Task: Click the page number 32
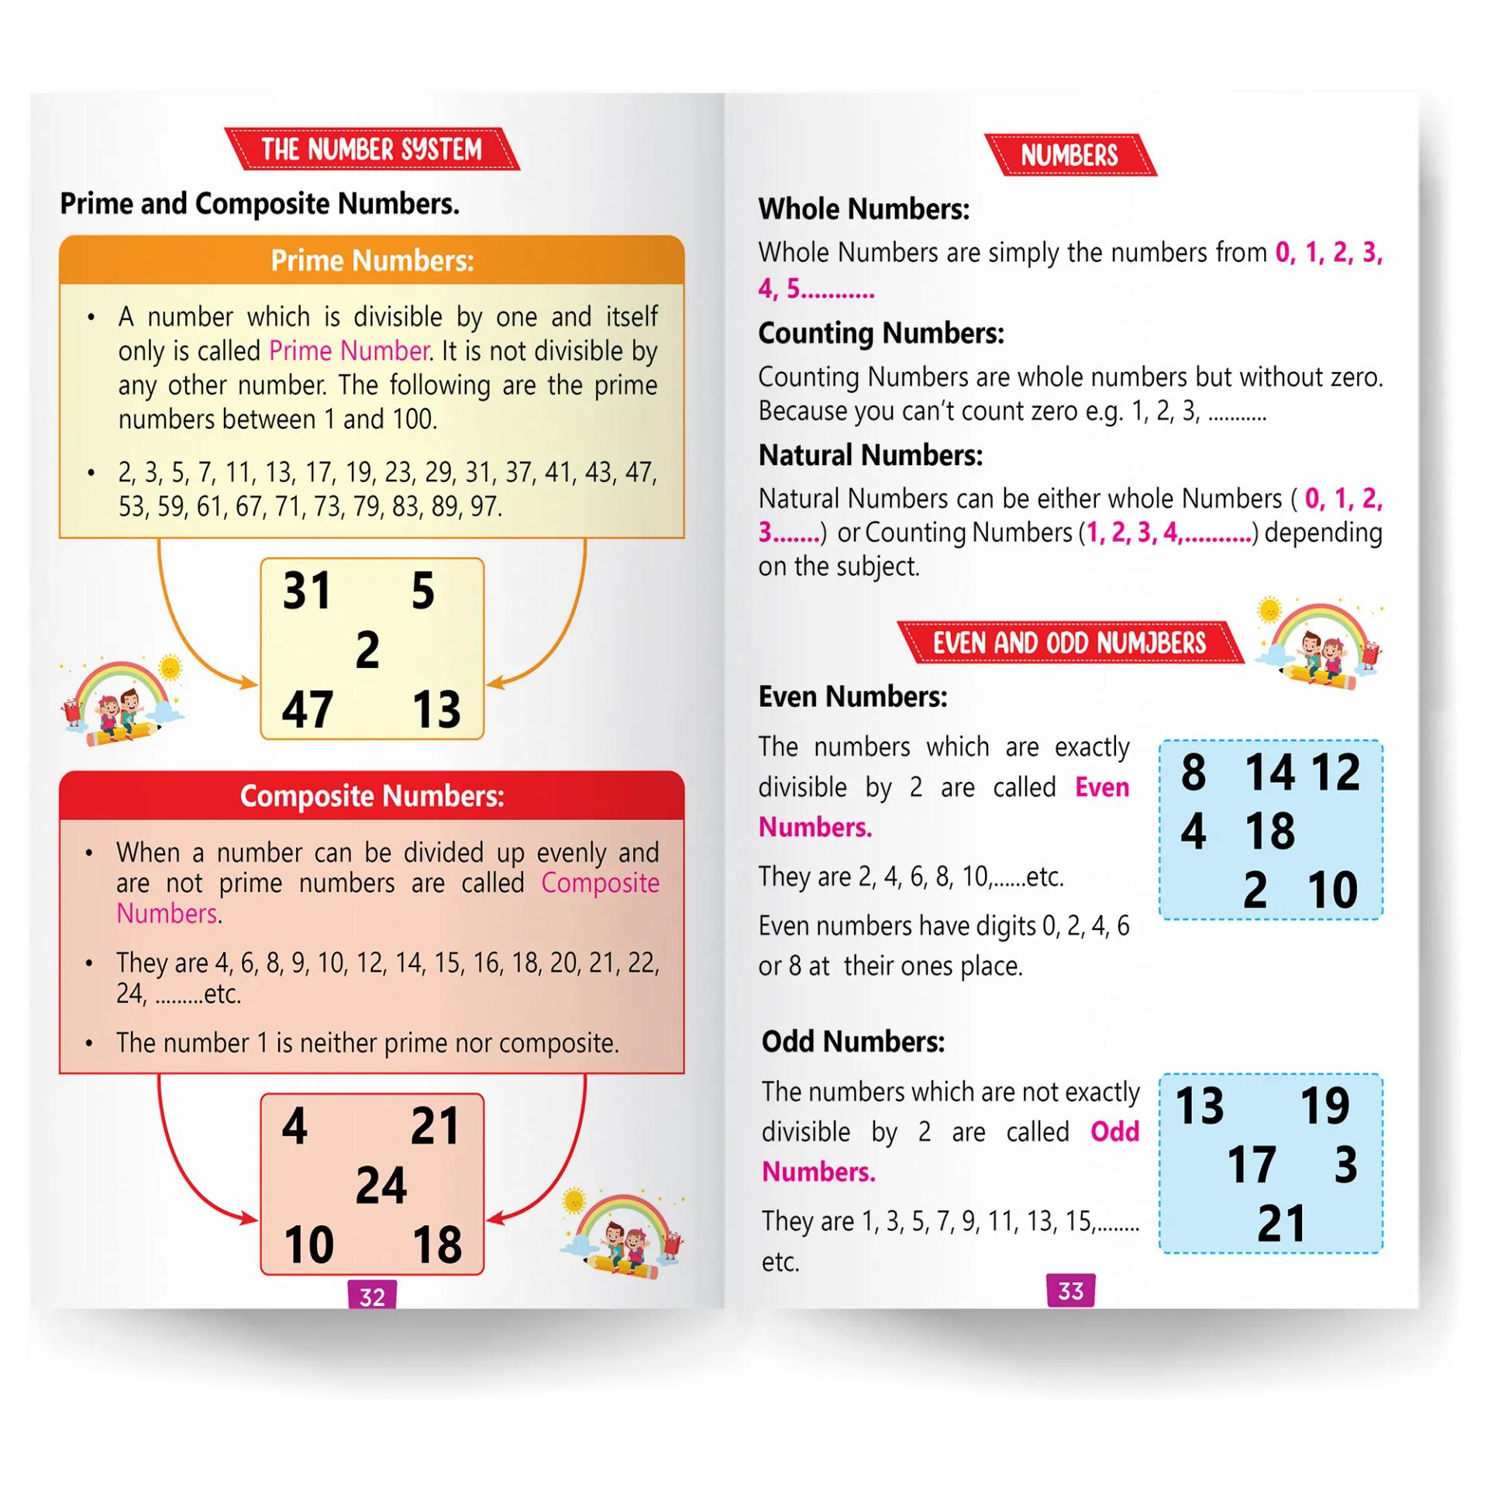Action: click(x=372, y=1296)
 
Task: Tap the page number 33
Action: click(x=1070, y=1290)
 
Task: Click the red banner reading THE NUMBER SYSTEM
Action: click(x=372, y=149)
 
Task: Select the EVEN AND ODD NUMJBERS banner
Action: click(x=1069, y=642)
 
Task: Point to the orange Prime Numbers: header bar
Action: click(x=372, y=260)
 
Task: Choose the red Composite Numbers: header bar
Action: click(x=372, y=796)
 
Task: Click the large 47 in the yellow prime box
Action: click(x=308, y=709)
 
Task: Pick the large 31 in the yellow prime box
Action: click(x=307, y=591)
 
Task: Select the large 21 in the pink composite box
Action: click(x=435, y=1126)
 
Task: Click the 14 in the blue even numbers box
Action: click(x=1269, y=772)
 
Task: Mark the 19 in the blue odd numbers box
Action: click(x=1324, y=1106)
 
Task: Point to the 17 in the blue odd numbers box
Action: click(x=1251, y=1165)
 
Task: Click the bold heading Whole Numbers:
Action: click(x=863, y=209)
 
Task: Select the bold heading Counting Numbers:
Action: click(x=880, y=333)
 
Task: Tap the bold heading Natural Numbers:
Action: click(x=870, y=455)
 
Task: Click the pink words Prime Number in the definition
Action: click(x=350, y=351)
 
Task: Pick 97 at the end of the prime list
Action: click(x=484, y=507)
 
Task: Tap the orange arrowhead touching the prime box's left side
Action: click(x=250, y=683)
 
